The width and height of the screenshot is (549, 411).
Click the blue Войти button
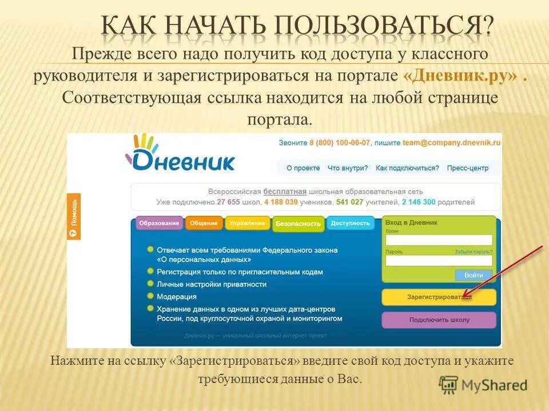474,275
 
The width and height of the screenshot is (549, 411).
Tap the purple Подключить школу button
439,320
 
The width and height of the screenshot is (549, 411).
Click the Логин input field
439,240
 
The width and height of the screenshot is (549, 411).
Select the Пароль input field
439,260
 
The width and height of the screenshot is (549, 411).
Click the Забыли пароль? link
474,251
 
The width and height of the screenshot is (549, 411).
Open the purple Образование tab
159,223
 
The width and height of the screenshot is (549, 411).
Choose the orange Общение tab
204,223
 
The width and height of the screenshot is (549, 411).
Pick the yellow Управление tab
247,223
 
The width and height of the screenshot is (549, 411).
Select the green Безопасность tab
298,224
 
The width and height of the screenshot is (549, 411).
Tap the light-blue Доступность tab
350,223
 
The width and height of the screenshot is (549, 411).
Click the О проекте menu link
303,168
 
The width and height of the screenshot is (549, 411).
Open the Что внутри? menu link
348,168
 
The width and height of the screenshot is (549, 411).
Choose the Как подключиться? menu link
407,168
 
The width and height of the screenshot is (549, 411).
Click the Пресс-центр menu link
468,168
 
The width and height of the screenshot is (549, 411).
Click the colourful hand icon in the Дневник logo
145,144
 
